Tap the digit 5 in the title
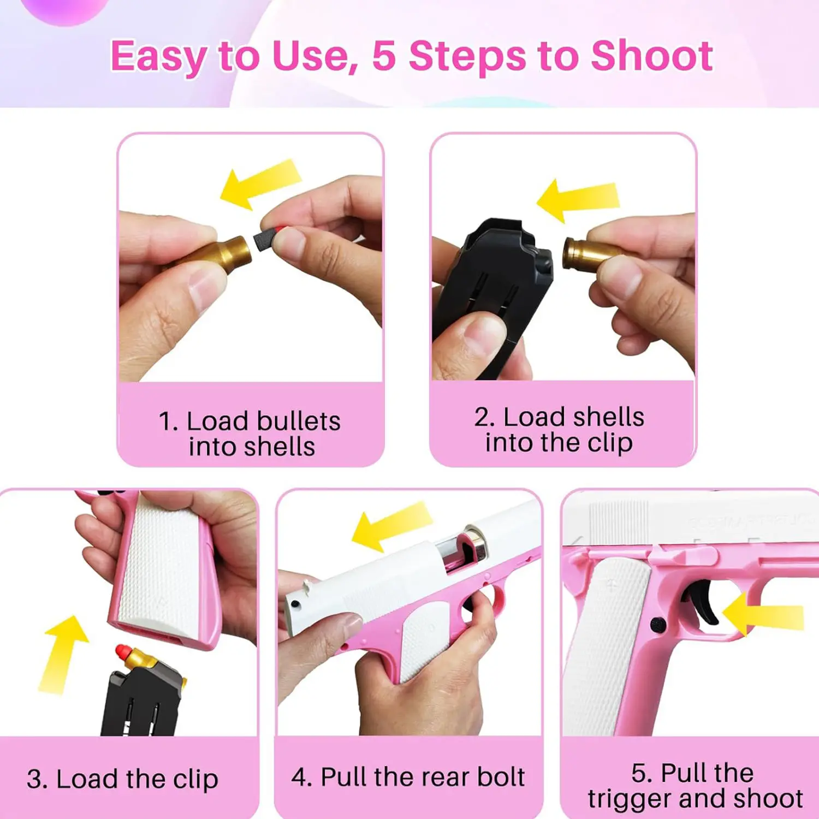384,56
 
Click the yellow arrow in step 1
260,183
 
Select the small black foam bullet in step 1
264,240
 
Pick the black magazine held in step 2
494,284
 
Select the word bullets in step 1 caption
299,422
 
